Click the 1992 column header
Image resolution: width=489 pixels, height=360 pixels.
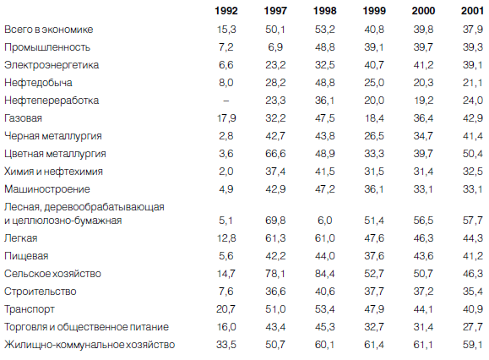[226, 11]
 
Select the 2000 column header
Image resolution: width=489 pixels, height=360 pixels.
[423, 11]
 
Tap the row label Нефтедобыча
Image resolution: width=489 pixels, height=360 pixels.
[38, 83]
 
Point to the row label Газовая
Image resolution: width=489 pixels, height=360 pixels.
[23, 118]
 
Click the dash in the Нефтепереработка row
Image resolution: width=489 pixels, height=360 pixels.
[226, 101]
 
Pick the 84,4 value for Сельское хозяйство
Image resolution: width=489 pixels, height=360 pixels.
[324, 274]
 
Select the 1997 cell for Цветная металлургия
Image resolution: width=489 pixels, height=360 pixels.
[275, 154]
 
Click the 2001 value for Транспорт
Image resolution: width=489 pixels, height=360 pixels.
[472, 309]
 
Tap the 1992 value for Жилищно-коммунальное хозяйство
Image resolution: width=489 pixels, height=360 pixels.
[226, 345]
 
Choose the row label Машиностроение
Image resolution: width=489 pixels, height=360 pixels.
[47, 189]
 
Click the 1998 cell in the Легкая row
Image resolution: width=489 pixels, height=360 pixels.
[324, 238]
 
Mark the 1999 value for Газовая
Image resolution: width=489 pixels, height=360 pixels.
[374, 118]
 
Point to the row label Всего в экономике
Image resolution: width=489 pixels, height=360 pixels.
[49, 30]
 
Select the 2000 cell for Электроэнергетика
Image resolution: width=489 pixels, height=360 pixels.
[423, 65]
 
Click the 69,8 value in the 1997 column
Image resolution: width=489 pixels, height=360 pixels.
[275, 221]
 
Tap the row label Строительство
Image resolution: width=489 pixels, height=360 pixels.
[41, 292]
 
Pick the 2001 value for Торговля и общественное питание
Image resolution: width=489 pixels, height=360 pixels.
[472, 327]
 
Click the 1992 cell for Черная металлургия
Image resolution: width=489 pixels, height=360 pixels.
[226, 136]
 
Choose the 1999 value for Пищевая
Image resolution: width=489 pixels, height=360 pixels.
[374, 256]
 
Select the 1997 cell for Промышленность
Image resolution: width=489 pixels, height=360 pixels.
[275, 47]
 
